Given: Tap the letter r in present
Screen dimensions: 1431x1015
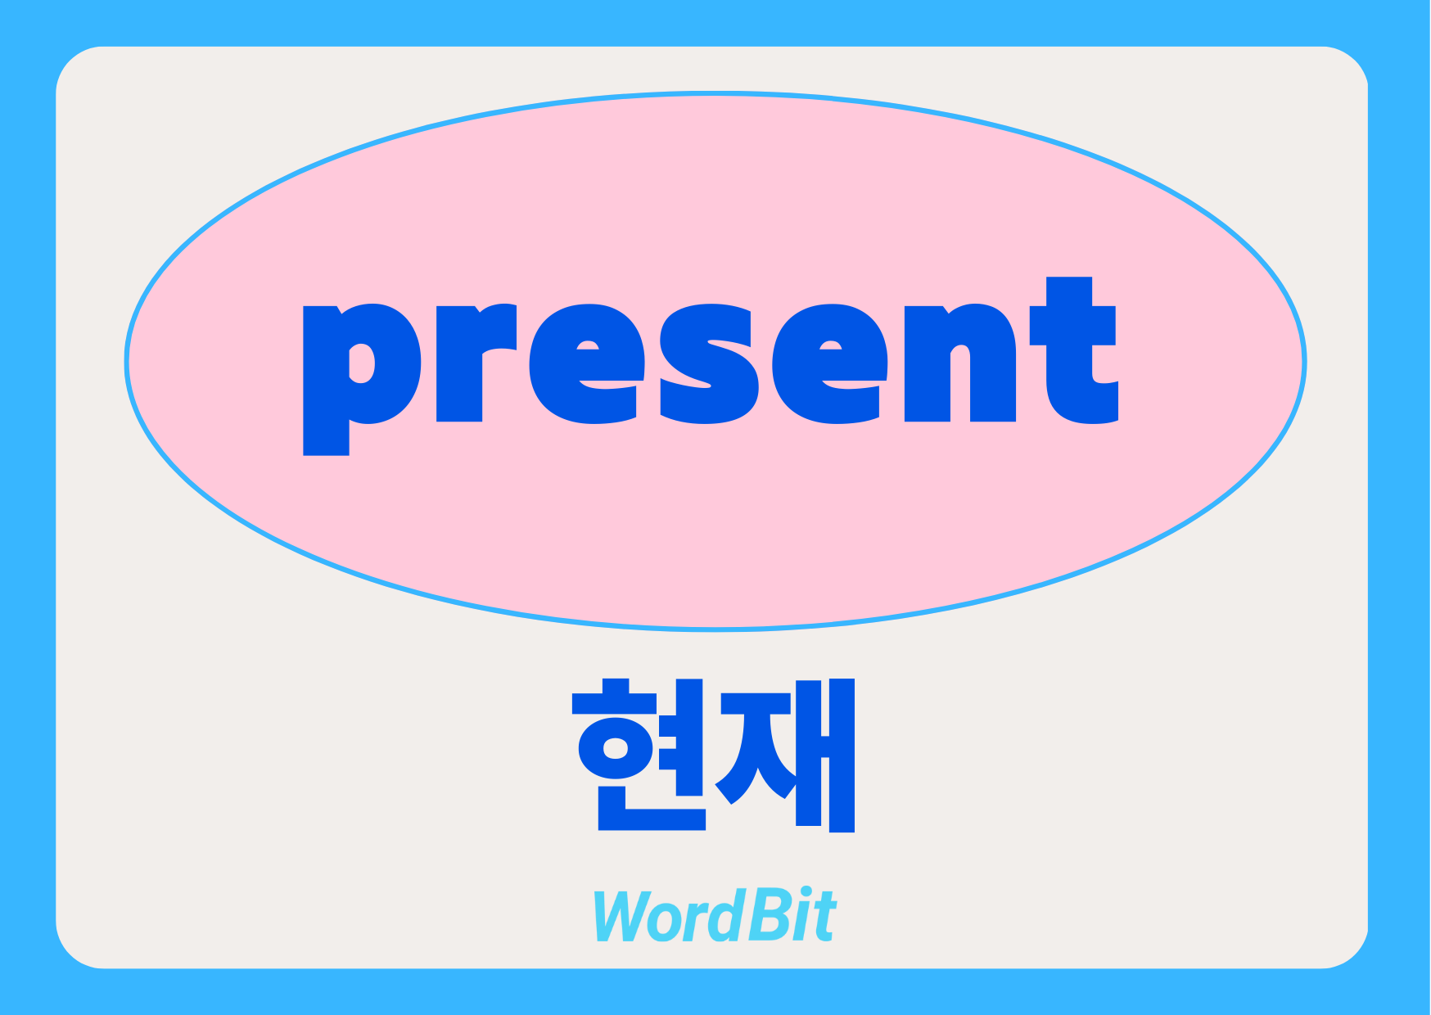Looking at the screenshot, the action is [476, 363].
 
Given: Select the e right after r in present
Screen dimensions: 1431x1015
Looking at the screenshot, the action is [587, 364].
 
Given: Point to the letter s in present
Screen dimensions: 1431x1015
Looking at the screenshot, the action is [708, 364].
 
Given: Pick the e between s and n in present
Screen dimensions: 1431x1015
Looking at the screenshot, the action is [830, 364].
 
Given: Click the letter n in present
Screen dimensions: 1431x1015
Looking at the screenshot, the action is [960, 363].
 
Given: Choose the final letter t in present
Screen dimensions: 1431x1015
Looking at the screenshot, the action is [1073, 350].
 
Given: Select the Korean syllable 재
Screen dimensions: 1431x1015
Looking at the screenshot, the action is [785, 755].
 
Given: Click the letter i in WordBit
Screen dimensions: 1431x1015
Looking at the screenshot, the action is [803, 915].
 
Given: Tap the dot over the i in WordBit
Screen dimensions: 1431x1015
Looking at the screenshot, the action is [807, 894].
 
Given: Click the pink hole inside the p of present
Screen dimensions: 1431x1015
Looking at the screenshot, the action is [362, 363].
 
